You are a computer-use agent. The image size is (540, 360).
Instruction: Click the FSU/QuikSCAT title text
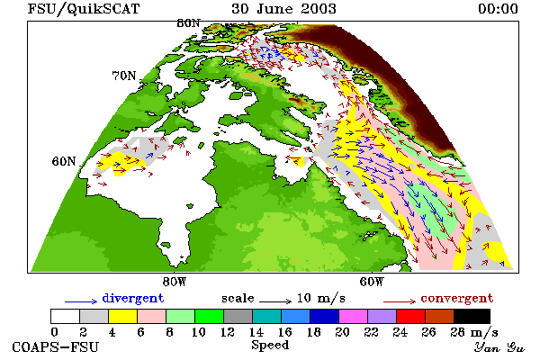click(84, 9)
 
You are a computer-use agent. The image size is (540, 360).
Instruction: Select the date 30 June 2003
click(283, 9)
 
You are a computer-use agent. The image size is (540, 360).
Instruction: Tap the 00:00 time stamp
click(498, 9)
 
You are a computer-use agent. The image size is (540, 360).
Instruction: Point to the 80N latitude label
click(188, 23)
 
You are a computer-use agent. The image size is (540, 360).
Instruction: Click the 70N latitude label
click(124, 76)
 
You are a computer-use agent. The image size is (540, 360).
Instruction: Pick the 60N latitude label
click(64, 161)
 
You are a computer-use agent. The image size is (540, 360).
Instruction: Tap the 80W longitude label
click(175, 282)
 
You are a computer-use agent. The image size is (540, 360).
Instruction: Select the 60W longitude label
click(372, 282)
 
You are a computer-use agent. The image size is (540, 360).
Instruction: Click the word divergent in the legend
click(133, 298)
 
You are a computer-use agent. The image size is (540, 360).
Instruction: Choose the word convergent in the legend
click(457, 298)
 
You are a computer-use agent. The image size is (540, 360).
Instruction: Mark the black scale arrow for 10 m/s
click(275, 301)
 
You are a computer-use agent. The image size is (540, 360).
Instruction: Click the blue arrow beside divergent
click(81, 301)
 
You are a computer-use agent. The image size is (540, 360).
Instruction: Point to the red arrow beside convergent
click(400, 301)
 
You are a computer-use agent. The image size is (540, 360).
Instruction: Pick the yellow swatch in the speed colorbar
click(123, 316)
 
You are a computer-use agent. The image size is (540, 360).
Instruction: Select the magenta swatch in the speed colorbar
click(354, 316)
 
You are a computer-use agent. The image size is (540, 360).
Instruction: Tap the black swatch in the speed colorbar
click(472, 316)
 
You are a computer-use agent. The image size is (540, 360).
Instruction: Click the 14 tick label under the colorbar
click(256, 332)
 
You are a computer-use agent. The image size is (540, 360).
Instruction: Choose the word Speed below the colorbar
click(270, 346)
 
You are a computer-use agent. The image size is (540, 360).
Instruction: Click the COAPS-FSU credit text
click(56, 347)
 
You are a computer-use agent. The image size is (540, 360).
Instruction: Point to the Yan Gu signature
click(499, 347)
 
